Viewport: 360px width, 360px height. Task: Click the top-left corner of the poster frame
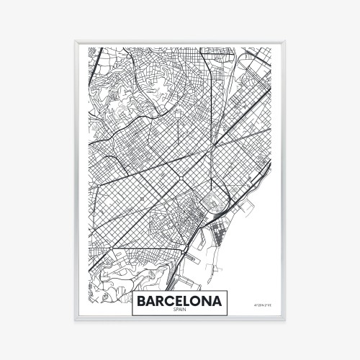point(75,41)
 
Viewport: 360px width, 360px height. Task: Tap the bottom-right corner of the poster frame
point(285,320)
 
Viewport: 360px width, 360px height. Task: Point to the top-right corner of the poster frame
point(285,41)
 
